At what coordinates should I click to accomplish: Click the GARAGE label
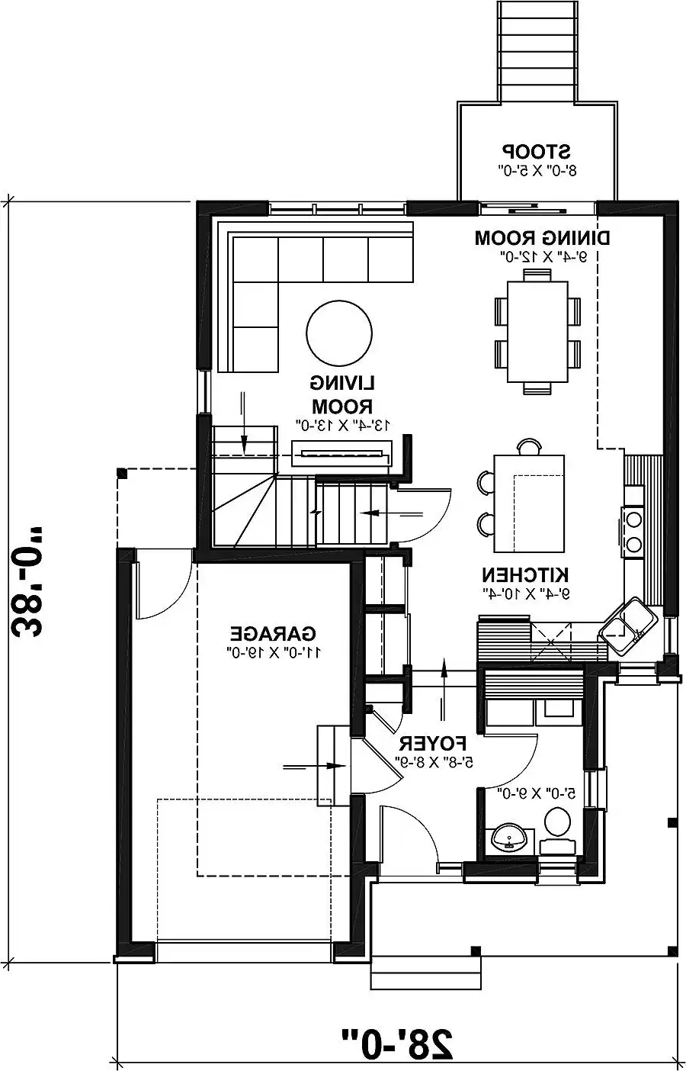[x=273, y=634]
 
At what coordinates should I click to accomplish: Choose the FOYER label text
[x=432, y=742]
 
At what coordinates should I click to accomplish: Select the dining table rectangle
[x=537, y=332]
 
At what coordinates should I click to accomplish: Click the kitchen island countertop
[x=530, y=503]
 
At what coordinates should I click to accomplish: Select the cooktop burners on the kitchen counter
[x=633, y=531]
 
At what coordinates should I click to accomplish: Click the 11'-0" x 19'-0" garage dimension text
[x=274, y=652]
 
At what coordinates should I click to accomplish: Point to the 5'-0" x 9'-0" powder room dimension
[x=534, y=793]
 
